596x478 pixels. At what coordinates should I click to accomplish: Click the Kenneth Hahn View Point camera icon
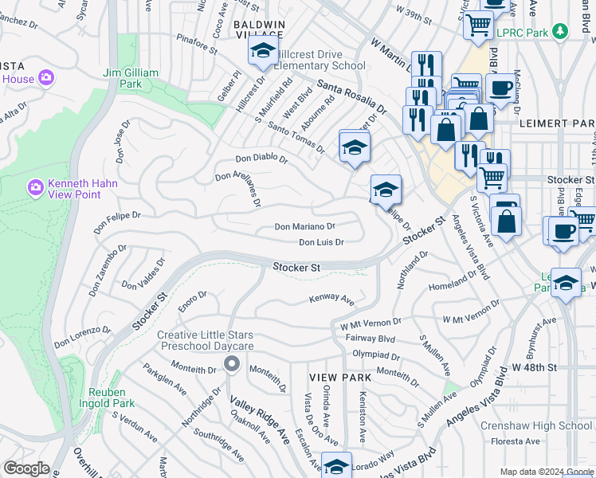click(35, 187)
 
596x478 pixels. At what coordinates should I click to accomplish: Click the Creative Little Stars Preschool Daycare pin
click(232, 364)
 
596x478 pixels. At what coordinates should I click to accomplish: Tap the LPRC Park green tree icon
click(561, 31)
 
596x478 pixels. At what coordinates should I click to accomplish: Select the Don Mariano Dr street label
click(304, 227)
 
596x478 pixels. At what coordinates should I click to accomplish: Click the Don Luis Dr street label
click(321, 242)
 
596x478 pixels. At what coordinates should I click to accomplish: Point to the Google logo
click(25, 468)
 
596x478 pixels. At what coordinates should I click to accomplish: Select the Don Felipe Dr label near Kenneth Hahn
click(116, 221)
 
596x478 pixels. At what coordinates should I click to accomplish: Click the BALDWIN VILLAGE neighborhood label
click(260, 31)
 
